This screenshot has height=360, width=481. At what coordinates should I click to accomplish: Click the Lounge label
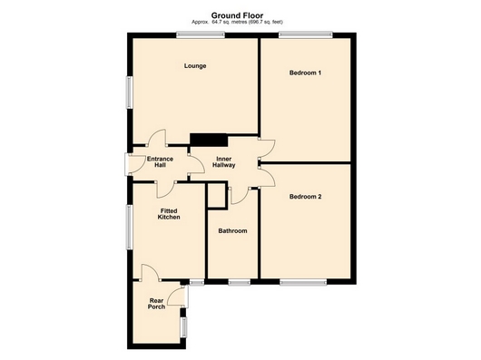coord(194,65)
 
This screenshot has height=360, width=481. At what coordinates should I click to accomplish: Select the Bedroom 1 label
coord(306,72)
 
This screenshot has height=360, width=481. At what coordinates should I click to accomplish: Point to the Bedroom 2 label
coord(306,196)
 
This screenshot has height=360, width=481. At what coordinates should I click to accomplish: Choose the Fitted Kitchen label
coord(169,214)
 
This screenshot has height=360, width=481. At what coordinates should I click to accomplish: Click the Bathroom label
coord(232,231)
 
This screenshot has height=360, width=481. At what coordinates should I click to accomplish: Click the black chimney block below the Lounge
coord(208,140)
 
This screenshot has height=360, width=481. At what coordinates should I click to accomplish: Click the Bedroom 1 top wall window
coord(304,35)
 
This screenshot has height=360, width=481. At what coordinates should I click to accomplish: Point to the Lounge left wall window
coord(129,93)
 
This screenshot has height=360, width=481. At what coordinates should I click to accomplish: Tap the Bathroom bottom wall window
coord(239,282)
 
